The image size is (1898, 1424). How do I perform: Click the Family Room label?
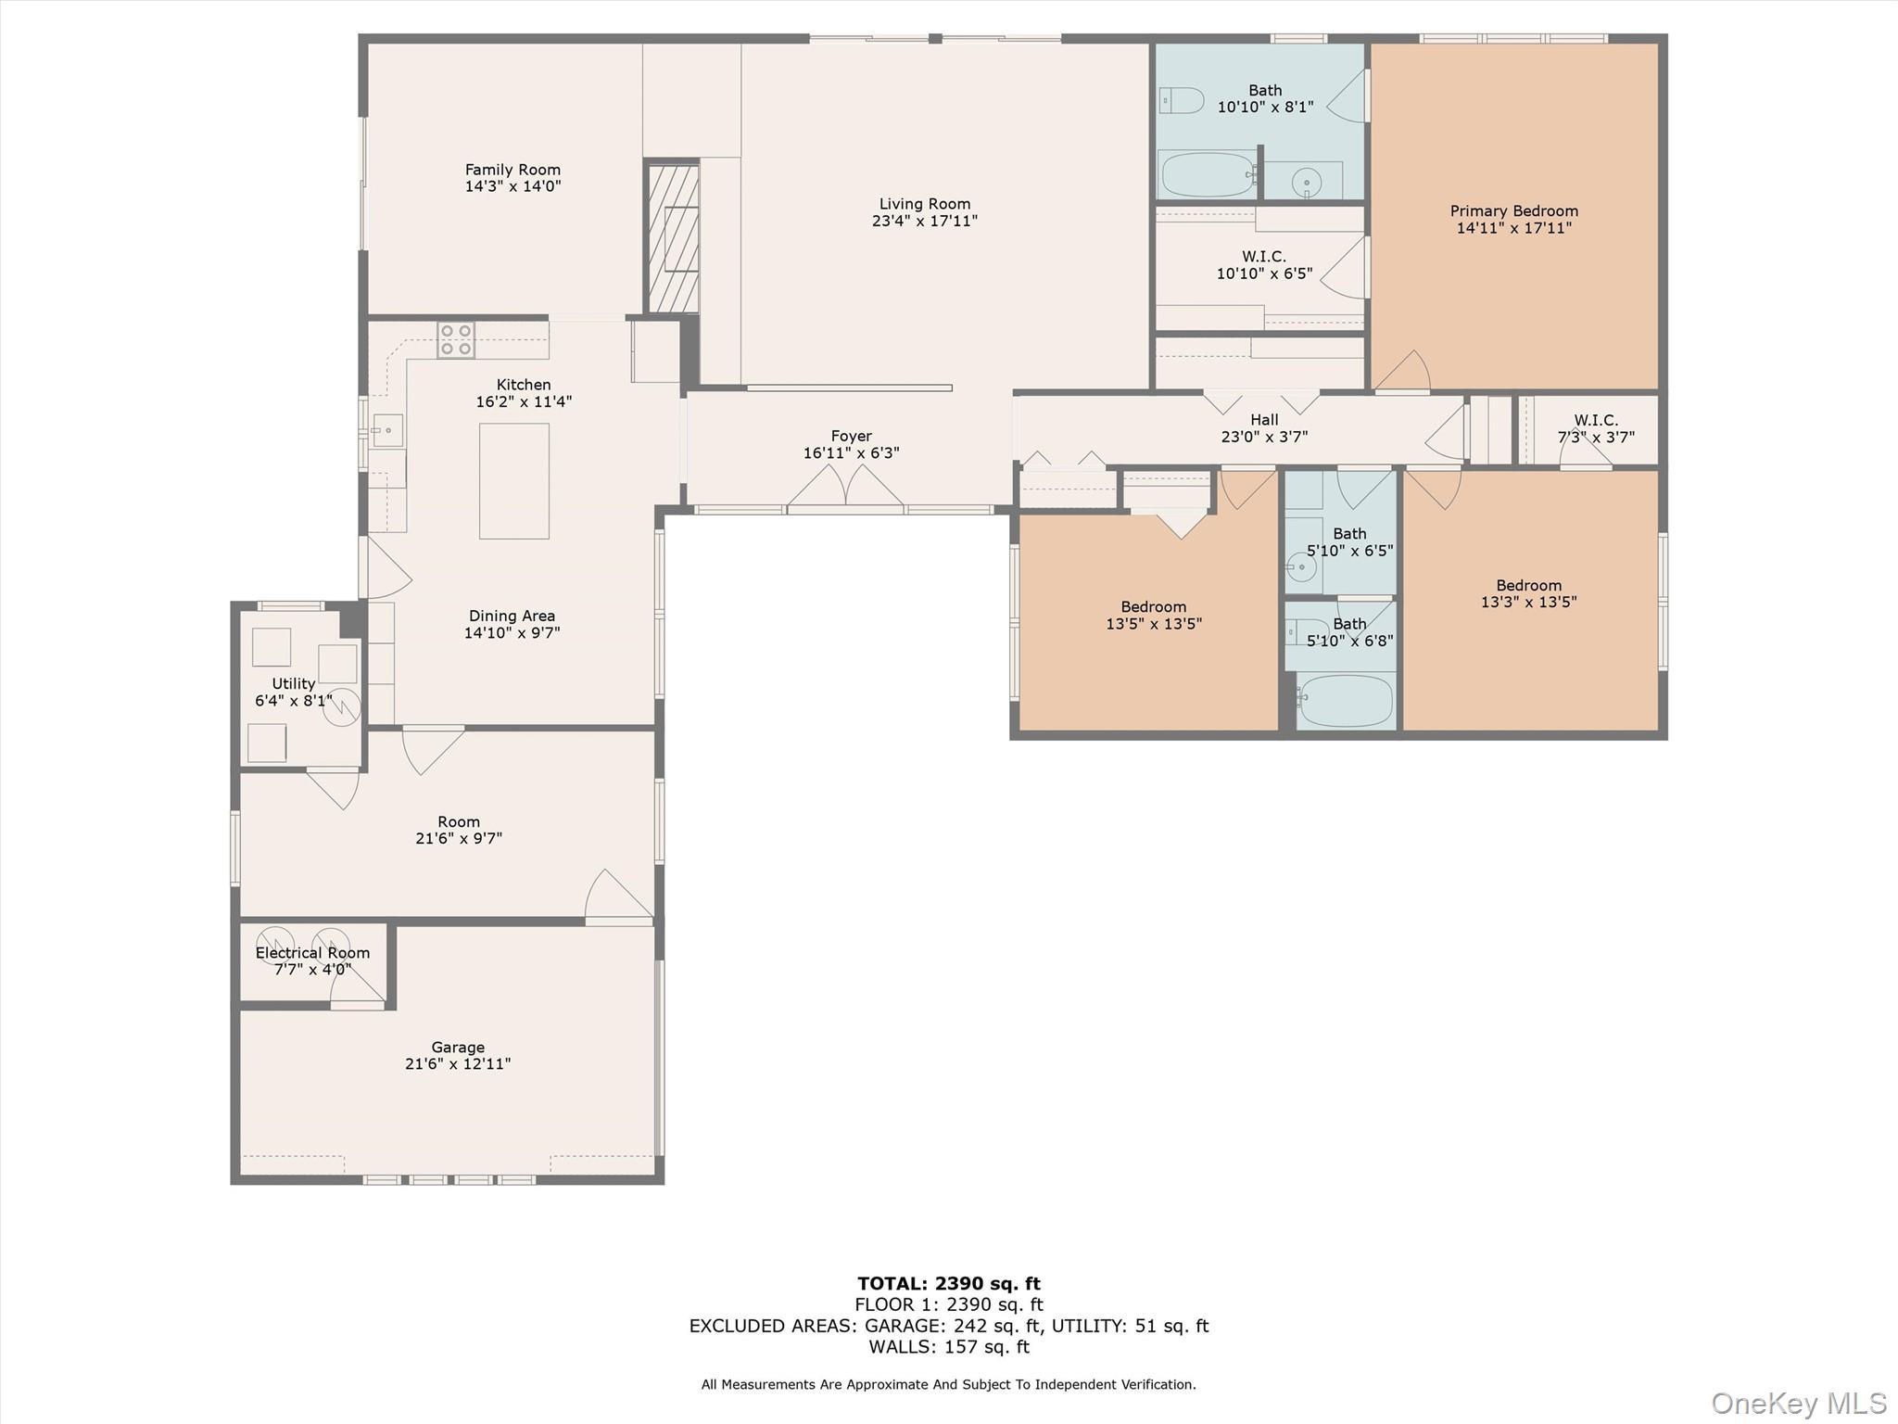512,170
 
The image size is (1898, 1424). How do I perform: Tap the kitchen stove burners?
456,340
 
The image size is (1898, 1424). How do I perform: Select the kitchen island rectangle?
514,481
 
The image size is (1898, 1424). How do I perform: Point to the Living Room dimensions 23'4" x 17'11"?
924,221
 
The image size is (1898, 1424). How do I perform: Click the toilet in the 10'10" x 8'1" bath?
1182,100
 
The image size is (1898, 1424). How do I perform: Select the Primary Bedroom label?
1513,211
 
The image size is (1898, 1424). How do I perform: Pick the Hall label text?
1264,420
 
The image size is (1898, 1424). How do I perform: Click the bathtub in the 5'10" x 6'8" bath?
1345,701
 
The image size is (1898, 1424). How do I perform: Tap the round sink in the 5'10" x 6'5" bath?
1301,566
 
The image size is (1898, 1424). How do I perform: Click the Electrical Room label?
312,953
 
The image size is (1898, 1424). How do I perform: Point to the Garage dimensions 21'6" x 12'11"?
458,1064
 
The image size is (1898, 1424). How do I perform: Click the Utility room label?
294,684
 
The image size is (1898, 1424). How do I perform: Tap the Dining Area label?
512,617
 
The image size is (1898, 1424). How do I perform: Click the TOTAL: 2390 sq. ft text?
948,1284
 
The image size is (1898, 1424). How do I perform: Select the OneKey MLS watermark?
1798,1403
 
